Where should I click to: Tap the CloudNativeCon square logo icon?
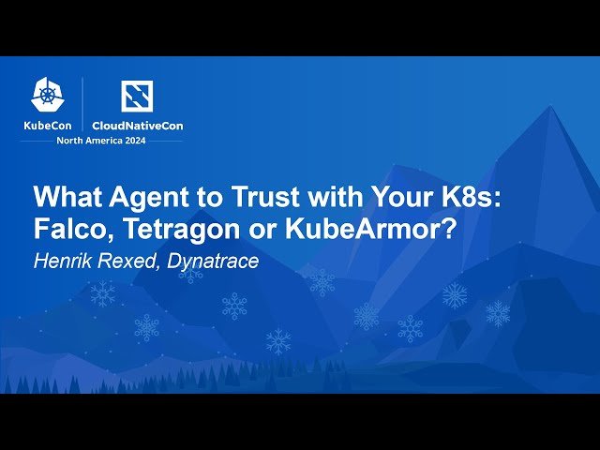coord(136,96)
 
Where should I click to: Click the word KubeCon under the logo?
coord(48,125)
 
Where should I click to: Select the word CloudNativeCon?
coord(136,125)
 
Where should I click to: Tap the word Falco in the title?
coord(68,229)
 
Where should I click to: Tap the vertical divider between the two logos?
coord(83,103)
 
